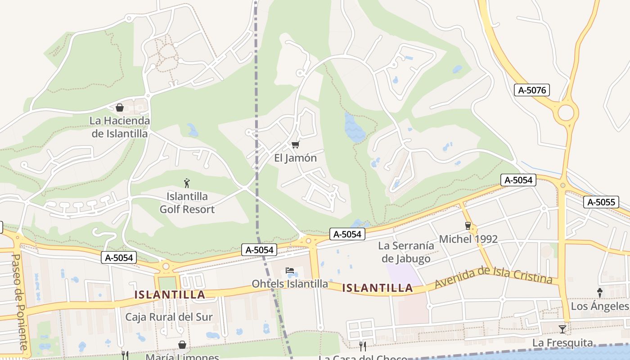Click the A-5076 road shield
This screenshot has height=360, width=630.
(x=532, y=90)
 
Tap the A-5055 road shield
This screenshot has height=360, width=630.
(x=601, y=202)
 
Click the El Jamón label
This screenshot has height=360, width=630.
(x=296, y=158)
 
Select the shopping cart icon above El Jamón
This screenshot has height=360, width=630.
(x=295, y=144)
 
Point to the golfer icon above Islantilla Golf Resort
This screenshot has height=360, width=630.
(x=187, y=183)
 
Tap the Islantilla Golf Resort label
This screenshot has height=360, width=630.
(x=187, y=203)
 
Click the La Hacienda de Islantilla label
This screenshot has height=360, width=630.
(x=120, y=127)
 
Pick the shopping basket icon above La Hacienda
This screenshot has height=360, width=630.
(x=120, y=108)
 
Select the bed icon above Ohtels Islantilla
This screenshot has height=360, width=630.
(x=290, y=270)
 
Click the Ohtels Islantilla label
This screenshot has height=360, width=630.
(x=290, y=284)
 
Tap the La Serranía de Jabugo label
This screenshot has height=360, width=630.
(x=406, y=252)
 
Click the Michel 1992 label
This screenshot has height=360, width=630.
(x=468, y=239)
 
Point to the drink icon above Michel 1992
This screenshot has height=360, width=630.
(x=468, y=225)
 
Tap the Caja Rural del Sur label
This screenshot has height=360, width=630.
(x=169, y=317)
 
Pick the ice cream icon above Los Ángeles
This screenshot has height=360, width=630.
(x=600, y=293)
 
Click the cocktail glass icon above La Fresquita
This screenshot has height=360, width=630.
(x=562, y=329)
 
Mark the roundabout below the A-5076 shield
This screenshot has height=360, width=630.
(x=566, y=112)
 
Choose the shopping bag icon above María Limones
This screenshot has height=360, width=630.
(x=182, y=345)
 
